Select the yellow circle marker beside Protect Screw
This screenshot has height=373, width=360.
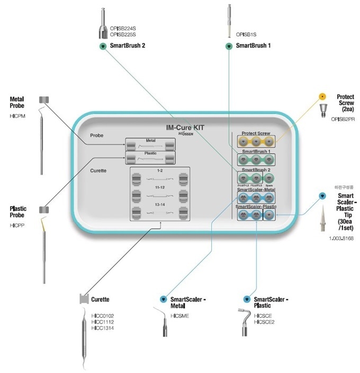[322, 97]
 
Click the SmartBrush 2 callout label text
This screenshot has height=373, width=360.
[128, 46]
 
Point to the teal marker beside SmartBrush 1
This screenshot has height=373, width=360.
[228, 46]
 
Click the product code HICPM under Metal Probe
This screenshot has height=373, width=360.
[17, 116]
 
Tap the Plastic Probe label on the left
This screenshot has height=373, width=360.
[18, 212]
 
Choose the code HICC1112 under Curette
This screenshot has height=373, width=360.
[102, 321]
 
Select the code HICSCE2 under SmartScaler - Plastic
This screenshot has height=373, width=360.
[264, 321]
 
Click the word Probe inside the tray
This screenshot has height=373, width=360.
[97, 136]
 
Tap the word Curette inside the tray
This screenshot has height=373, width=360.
[98, 171]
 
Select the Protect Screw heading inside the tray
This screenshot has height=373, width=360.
[256, 134]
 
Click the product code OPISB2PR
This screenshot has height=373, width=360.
[342, 120]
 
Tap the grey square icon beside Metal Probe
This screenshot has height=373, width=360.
[43, 100]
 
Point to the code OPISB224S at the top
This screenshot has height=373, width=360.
[123, 28]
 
